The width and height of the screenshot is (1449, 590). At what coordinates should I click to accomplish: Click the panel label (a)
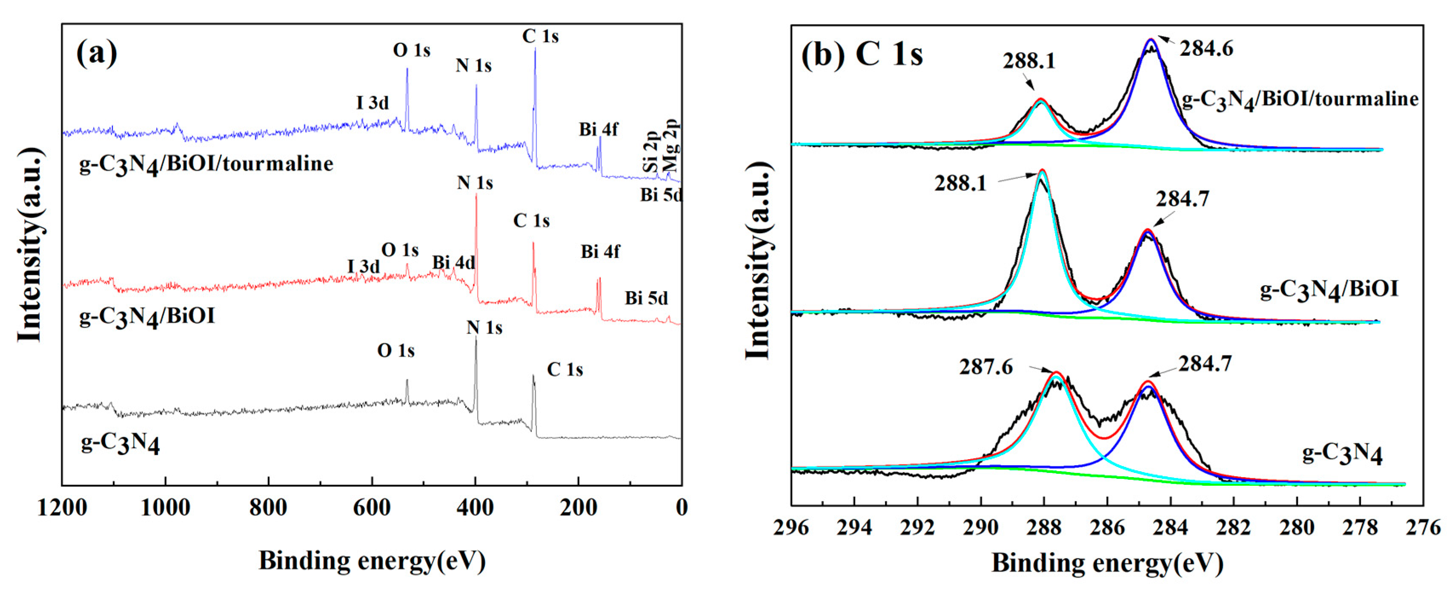pyautogui.click(x=97, y=54)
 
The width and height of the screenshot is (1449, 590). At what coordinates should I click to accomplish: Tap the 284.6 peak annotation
pyautogui.click(x=1206, y=49)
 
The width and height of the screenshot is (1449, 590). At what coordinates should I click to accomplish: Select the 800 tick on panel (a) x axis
pyautogui.click(x=268, y=508)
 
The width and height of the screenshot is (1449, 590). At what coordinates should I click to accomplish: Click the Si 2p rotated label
pyautogui.click(x=650, y=152)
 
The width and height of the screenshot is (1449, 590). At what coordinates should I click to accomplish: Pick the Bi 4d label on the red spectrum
pyautogui.click(x=453, y=263)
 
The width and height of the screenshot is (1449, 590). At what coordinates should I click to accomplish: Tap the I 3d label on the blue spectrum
pyautogui.click(x=372, y=103)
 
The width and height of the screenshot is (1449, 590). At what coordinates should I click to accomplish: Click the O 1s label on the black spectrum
pyautogui.click(x=395, y=351)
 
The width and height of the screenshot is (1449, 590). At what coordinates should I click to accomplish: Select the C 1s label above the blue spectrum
pyautogui.click(x=540, y=37)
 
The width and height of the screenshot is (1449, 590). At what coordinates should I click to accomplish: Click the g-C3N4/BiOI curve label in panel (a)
pyautogui.click(x=147, y=317)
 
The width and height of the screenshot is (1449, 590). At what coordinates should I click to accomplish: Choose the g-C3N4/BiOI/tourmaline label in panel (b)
pyautogui.click(x=1299, y=100)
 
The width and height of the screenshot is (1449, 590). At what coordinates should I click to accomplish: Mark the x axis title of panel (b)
pyautogui.click(x=1107, y=563)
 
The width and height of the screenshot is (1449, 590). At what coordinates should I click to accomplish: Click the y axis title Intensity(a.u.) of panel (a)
pyautogui.click(x=29, y=245)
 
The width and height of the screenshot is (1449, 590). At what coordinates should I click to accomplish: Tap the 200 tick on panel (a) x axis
pyautogui.click(x=578, y=508)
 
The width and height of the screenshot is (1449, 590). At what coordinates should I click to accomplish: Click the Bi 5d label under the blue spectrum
pyautogui.click(x=660, y=195)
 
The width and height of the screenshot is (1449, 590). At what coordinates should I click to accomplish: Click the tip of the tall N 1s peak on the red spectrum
pyautogui.click(x=476, y=195)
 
